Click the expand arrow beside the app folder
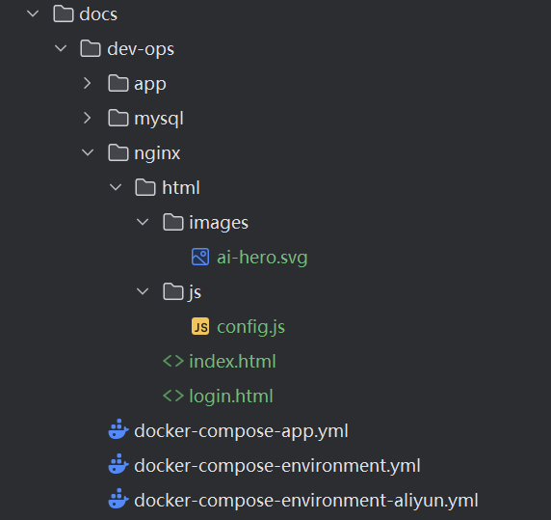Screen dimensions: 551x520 87,83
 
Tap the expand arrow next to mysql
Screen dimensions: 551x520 87,118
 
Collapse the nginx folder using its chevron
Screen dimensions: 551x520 88,152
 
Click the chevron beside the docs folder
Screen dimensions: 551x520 33,14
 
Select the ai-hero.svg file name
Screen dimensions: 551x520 262,258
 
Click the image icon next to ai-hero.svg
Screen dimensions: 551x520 200,257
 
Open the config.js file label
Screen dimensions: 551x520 250,327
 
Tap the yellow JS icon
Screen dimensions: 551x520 200,326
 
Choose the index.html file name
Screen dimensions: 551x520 232,362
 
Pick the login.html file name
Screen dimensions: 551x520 231,397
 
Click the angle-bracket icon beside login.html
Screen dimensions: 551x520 173,396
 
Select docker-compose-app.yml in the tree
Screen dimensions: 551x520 241,431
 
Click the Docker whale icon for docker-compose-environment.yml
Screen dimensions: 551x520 118,464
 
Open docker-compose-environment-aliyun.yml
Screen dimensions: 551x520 306,501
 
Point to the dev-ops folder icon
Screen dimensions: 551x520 91,48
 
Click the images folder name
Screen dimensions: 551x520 219,223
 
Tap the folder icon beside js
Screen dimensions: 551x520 173,291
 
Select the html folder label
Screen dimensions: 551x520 181,187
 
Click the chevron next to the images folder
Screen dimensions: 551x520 143,222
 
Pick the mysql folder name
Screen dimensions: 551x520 159,119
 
